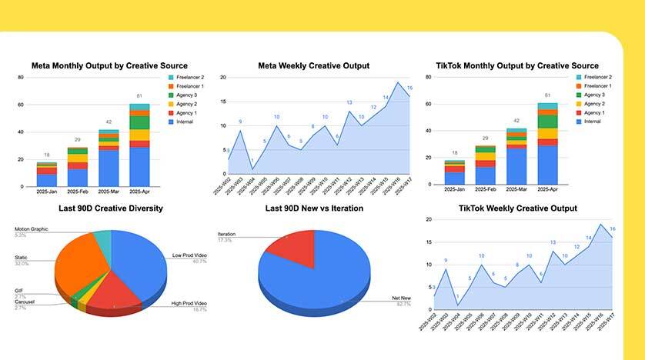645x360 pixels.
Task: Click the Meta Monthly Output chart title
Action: pyautogui.click(x=109, y=66)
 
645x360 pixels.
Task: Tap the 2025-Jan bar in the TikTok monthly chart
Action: pyautogui.click(x=455, y=174)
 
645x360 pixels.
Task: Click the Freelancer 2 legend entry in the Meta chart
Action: pyautogui.click(x=191, y=78)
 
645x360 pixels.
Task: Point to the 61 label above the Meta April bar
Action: pyautogui.click(x=139, y=96)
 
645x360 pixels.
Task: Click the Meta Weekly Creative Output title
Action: pyautogui.click(x=313, y=66)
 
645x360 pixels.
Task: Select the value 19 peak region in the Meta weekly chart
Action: pyautogui.click(x=398, y=83)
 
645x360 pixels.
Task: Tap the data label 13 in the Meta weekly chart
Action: pyautogui.click(x=349, y=102)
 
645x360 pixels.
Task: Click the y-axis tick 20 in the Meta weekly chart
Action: pyautogui.click(x=222, y=78)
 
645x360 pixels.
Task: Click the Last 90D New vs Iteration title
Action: pyautogui.click(x=313, y=208)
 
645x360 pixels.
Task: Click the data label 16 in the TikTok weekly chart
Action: pyautogui.click(x=613, y=229)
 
